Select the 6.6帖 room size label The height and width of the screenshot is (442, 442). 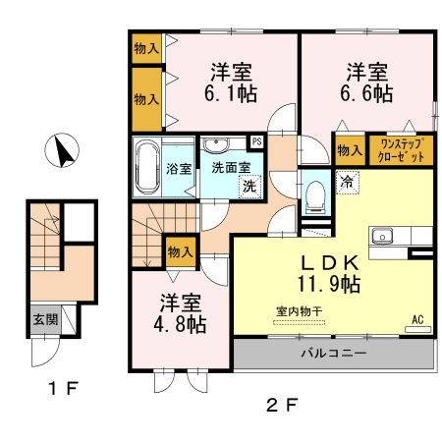coord(368,94)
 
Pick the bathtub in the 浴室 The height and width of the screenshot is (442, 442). coord(147,166)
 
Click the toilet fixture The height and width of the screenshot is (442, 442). coord(314,193)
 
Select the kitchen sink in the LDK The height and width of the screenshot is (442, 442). coord(381,237)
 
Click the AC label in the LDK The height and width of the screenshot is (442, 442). coord(417,319)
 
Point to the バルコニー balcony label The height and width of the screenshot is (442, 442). coord(333,353)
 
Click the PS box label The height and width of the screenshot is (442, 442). coord(256,141)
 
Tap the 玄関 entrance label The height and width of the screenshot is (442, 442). coord(44,318)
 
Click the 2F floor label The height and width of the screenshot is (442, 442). coord(280,404)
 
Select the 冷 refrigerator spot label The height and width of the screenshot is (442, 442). coord(347,181)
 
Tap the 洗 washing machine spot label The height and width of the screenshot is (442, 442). coord(250,186)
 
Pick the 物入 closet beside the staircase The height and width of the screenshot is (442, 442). coord(179,250)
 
